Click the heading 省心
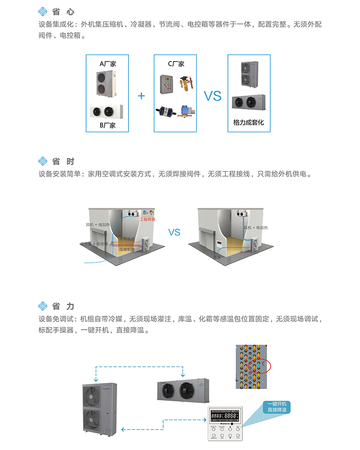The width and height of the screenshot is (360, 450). pyautogui.click(x=63, y=12)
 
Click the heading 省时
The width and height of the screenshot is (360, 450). pyautogui.click(x=63, y=161)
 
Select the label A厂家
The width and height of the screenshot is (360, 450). pyautogui.click(x=108, y=64)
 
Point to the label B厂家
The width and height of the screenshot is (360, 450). pyautogui.click(x=108, y=125)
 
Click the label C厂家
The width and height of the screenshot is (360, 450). pyautogui.click(x=175, y=64)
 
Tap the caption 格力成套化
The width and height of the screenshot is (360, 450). pyautogui.click(x=248, y=122)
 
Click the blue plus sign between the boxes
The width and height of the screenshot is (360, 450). pyautogui.click(x=141, y=96)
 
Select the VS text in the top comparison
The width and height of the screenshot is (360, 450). pyautogui.click(x=212, y=96)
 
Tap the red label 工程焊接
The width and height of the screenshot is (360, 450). pyautogui.click(x=147, y=220)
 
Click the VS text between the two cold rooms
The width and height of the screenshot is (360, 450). pyautogui.click(x=175, y=232)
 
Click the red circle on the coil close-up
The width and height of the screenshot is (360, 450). pyautogui.click(x=261, y=365)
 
